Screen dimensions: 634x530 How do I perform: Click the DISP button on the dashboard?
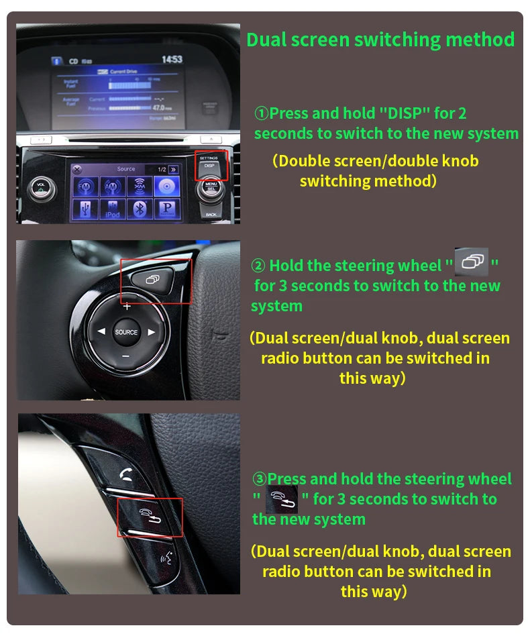(x=209, y=166)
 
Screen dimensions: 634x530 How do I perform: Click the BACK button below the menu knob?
(x=212, y=213)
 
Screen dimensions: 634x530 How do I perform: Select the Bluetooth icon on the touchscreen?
(x=140, y=209)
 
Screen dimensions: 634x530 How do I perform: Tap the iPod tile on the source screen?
(x=112, y=209)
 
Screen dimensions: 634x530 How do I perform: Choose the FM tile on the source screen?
(x=86, y=185)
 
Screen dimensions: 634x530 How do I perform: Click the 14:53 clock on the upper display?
(x=172, y=60)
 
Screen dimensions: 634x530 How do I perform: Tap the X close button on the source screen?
(x=76, y=169)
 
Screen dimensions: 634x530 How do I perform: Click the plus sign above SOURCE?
(x=126, y=307)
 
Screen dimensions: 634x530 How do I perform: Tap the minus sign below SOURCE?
(x=125, y=356)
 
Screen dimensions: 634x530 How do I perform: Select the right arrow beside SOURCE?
(x=152, y=331)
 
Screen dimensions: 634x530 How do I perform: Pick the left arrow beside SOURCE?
(x=101, y=331)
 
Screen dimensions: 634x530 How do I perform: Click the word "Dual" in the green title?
(x=267, y=40)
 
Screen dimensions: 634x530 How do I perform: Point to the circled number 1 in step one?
(x=261, y=114)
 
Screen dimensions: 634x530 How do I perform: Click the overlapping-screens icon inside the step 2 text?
(x=472, y=262)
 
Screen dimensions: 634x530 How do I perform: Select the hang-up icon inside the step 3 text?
(x=281, y=500)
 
